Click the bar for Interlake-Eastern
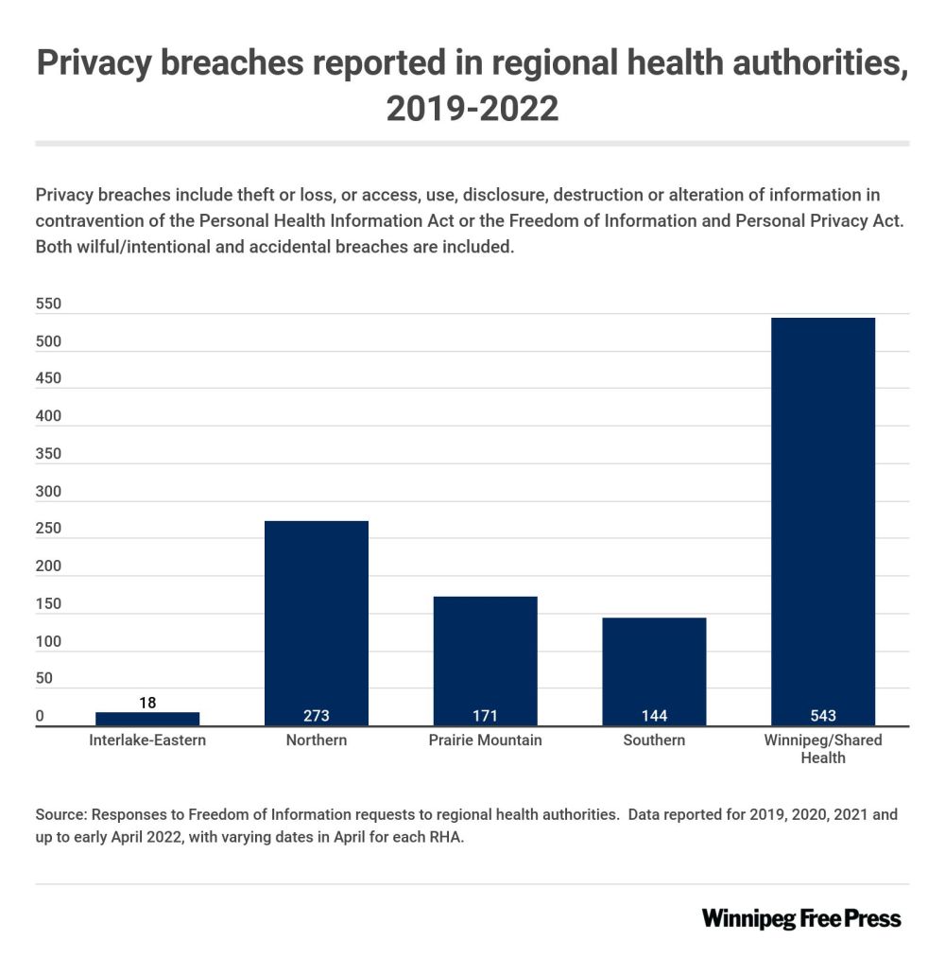tap(147, 719)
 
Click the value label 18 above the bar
tap(147, 703)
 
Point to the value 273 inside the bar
tap(317, 716)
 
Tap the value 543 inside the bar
tap(823, 716)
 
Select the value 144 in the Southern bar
tap(654, 716)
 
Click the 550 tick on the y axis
tap(48, 305)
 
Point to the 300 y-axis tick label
tap(48, 492)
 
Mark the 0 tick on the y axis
tap(40, 716)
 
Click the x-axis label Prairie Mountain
tap(486, 740)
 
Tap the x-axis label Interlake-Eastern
tap(147, 740)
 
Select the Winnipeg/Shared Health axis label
tap(823, 748)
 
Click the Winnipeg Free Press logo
tap(801, 918)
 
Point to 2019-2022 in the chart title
tap(472, 109)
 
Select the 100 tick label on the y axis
tap(48, 641)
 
